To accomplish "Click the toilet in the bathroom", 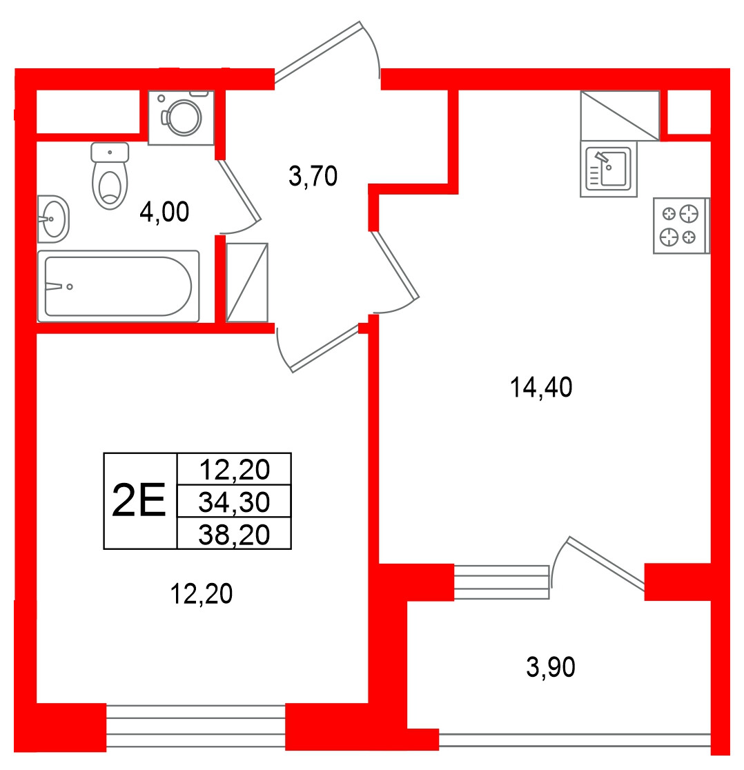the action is (x=110, y=176).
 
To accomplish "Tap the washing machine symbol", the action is (x=182, y=117).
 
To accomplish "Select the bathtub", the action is (x=118, y=286).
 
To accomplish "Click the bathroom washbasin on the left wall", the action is (x=53, y=219).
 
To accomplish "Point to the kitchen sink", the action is (x=609, y=169).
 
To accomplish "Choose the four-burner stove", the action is (x=681, y=226).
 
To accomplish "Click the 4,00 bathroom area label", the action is (x=164, y=212).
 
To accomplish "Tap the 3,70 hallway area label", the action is (x=313, y=176).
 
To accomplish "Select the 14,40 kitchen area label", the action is (x=540, y=387).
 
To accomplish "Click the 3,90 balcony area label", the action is (x=551, y=667).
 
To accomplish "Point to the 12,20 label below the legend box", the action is (x=201, y=593).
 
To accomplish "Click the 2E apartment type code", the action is (x=139, y=500).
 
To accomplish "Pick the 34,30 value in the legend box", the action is (x=234, y=502).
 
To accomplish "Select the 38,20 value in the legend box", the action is (x=234, y=534).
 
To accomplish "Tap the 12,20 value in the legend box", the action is (x=234, y=469).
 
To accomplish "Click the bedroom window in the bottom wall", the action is (x=196, y=727).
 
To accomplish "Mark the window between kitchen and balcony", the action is (x=501, y=582).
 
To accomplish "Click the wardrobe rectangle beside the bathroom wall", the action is (x=247, y=283).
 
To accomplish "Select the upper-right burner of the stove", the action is (x=689, y=214).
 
